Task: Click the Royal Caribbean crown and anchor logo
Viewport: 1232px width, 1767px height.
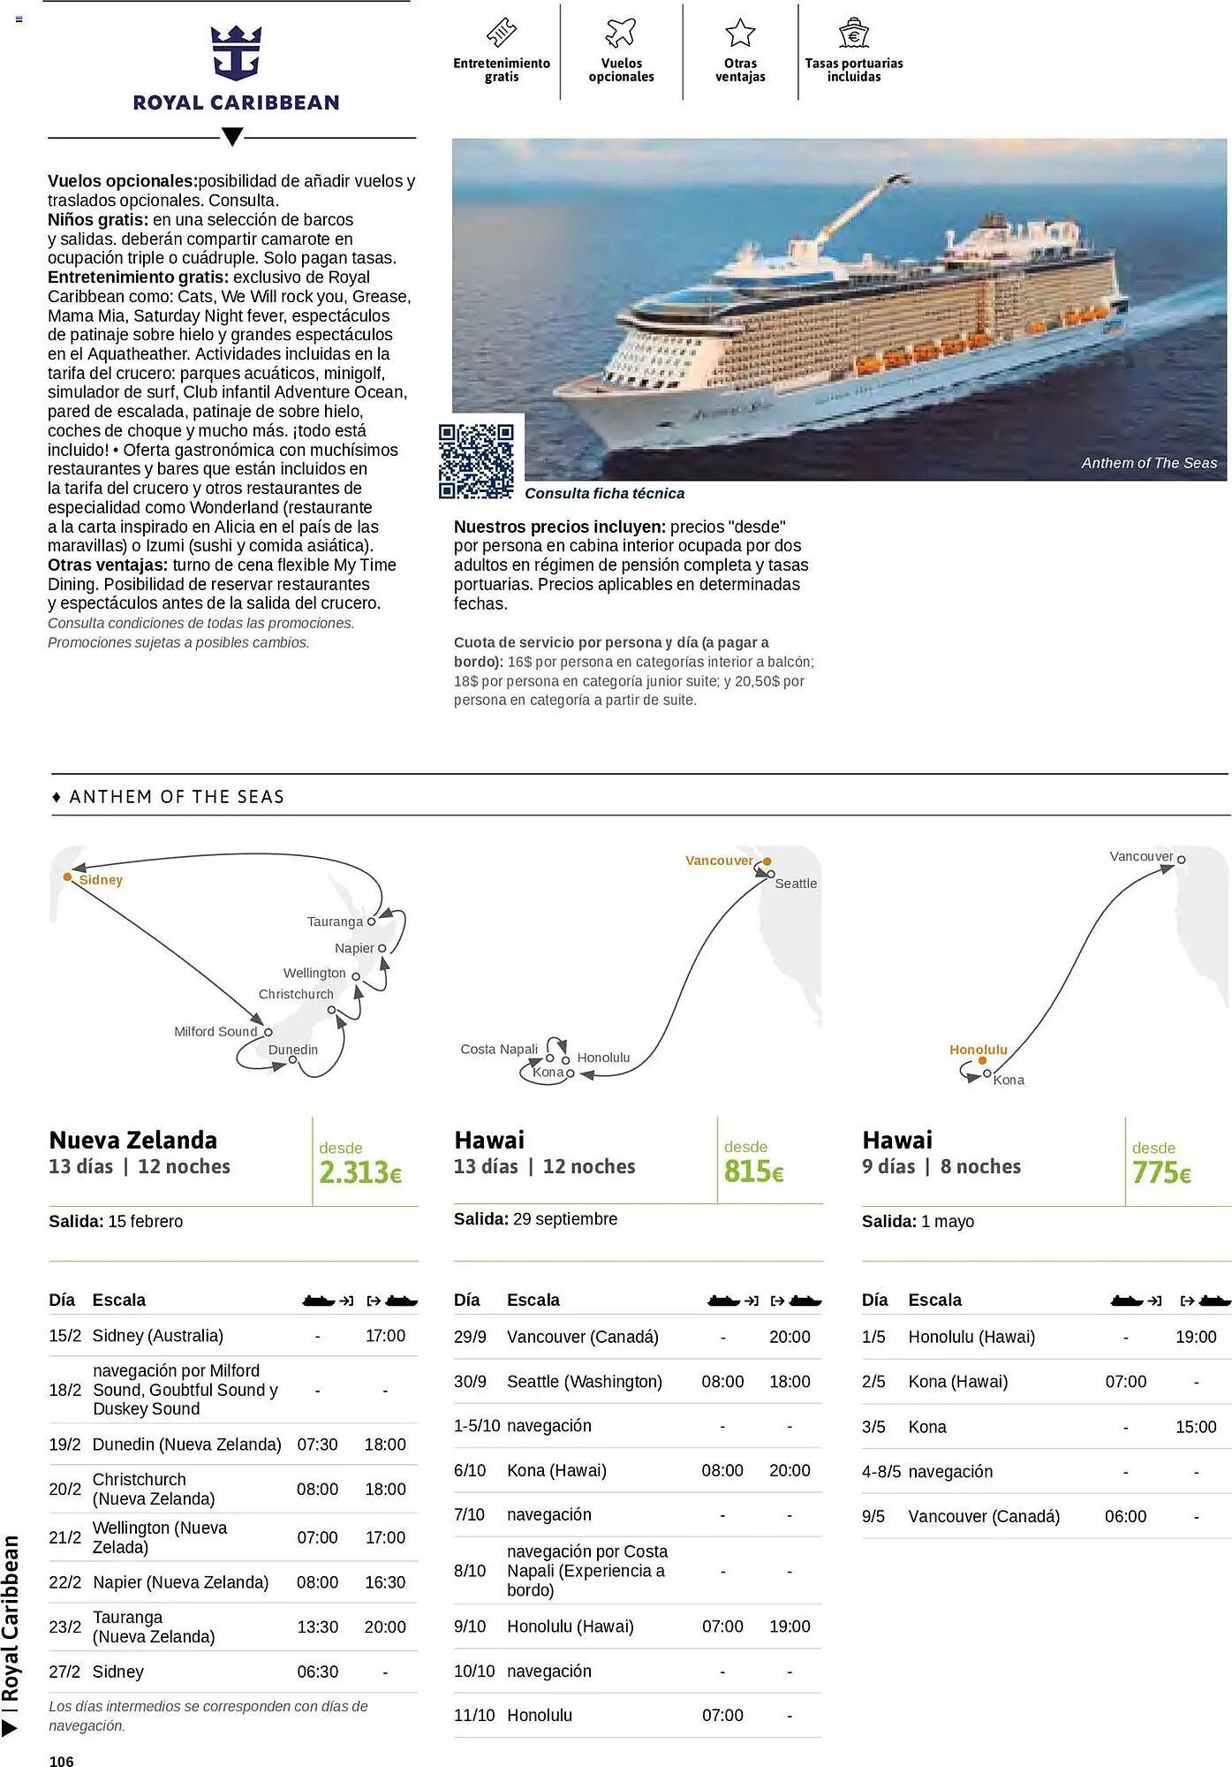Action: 236,53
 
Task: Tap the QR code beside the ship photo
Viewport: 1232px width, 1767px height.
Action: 476,460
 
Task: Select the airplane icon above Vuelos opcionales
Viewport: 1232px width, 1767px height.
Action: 621,33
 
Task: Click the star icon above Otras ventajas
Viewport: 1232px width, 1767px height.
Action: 740,33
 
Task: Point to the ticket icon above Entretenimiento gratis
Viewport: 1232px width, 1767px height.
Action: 502,33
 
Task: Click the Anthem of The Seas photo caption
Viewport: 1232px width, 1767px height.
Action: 1148,463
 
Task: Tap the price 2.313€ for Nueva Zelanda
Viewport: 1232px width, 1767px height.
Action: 360,1172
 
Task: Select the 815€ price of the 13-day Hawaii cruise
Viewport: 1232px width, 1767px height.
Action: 753,1172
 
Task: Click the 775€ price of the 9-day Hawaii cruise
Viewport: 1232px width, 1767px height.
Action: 1161,1172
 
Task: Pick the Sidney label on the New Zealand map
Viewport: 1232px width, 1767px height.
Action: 101,880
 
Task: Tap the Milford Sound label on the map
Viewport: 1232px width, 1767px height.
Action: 215,1031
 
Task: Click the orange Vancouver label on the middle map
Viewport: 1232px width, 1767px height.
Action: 719,861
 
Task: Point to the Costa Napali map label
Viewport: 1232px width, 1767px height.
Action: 499,1049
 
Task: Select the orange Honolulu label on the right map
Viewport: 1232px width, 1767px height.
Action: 978,1050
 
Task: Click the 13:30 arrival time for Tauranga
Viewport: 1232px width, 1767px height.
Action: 317,1627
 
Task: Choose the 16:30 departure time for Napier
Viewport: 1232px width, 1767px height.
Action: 385,1581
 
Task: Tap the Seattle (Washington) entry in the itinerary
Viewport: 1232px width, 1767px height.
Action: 584,1381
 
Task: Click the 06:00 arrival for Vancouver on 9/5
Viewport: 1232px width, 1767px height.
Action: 1125,1516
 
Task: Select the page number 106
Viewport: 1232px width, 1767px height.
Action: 62,1761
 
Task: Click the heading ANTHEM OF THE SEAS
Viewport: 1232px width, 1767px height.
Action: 177,797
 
